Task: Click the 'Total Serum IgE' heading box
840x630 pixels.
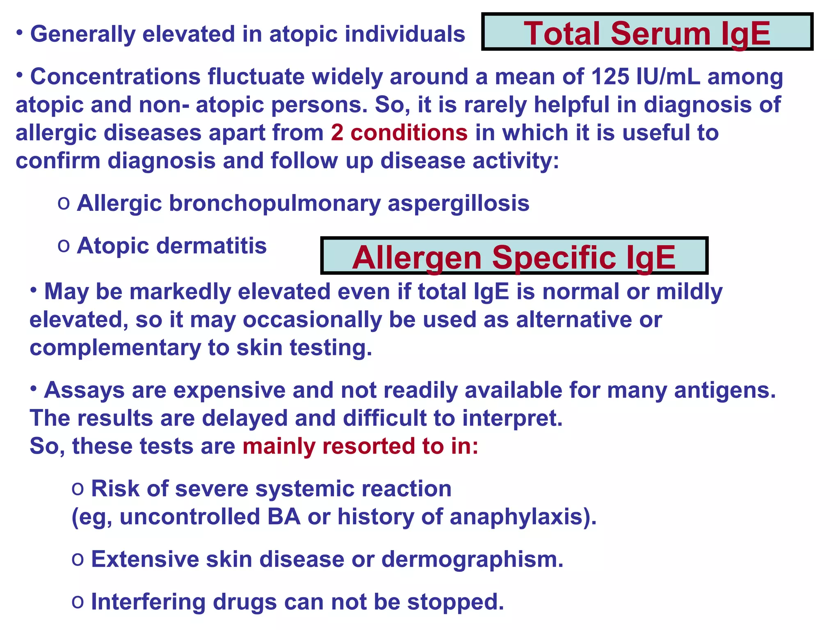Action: [647, 32]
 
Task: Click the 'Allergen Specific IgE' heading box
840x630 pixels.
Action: [514, 256]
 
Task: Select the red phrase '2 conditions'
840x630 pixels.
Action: [399, 133]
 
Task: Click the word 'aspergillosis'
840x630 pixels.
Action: [459, 203]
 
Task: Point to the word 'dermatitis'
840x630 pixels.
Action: [212, 246]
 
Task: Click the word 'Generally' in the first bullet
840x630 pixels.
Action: [82, 34]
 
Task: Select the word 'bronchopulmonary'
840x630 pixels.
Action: [274, 203]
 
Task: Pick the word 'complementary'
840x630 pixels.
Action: [115, 348]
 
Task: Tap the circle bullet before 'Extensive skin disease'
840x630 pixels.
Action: [78, 559]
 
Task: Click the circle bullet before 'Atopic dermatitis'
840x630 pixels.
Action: [64, 246]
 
